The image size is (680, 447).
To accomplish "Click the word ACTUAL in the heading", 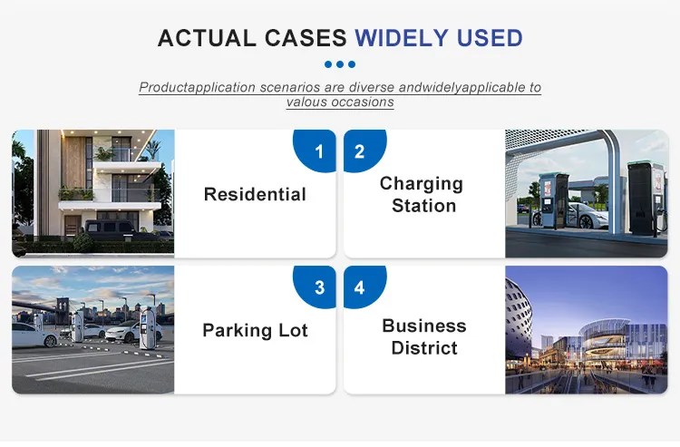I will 205,38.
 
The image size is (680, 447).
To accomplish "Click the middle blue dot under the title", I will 340,64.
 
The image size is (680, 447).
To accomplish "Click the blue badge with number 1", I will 318,151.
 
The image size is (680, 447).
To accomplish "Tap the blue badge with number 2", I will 360,151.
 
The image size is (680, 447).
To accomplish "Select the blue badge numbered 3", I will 318,287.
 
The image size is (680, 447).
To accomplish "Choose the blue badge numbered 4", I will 360,287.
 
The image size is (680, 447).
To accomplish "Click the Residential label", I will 255,194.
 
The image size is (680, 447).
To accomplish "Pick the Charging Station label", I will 422,194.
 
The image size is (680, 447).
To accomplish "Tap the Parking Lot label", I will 255,330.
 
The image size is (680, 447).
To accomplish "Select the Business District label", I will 424,336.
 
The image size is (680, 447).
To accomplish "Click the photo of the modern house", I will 92,193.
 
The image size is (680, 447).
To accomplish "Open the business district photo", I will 586,330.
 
